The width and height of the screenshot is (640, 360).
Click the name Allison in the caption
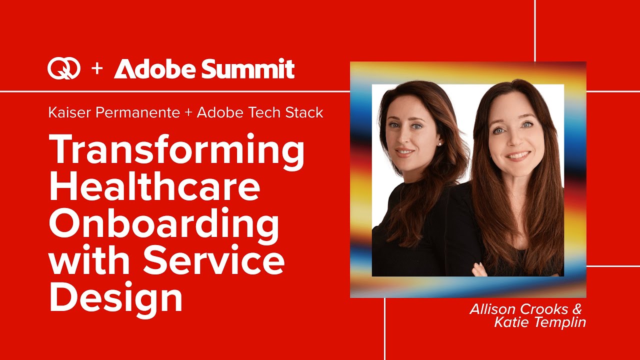[492, 309]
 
